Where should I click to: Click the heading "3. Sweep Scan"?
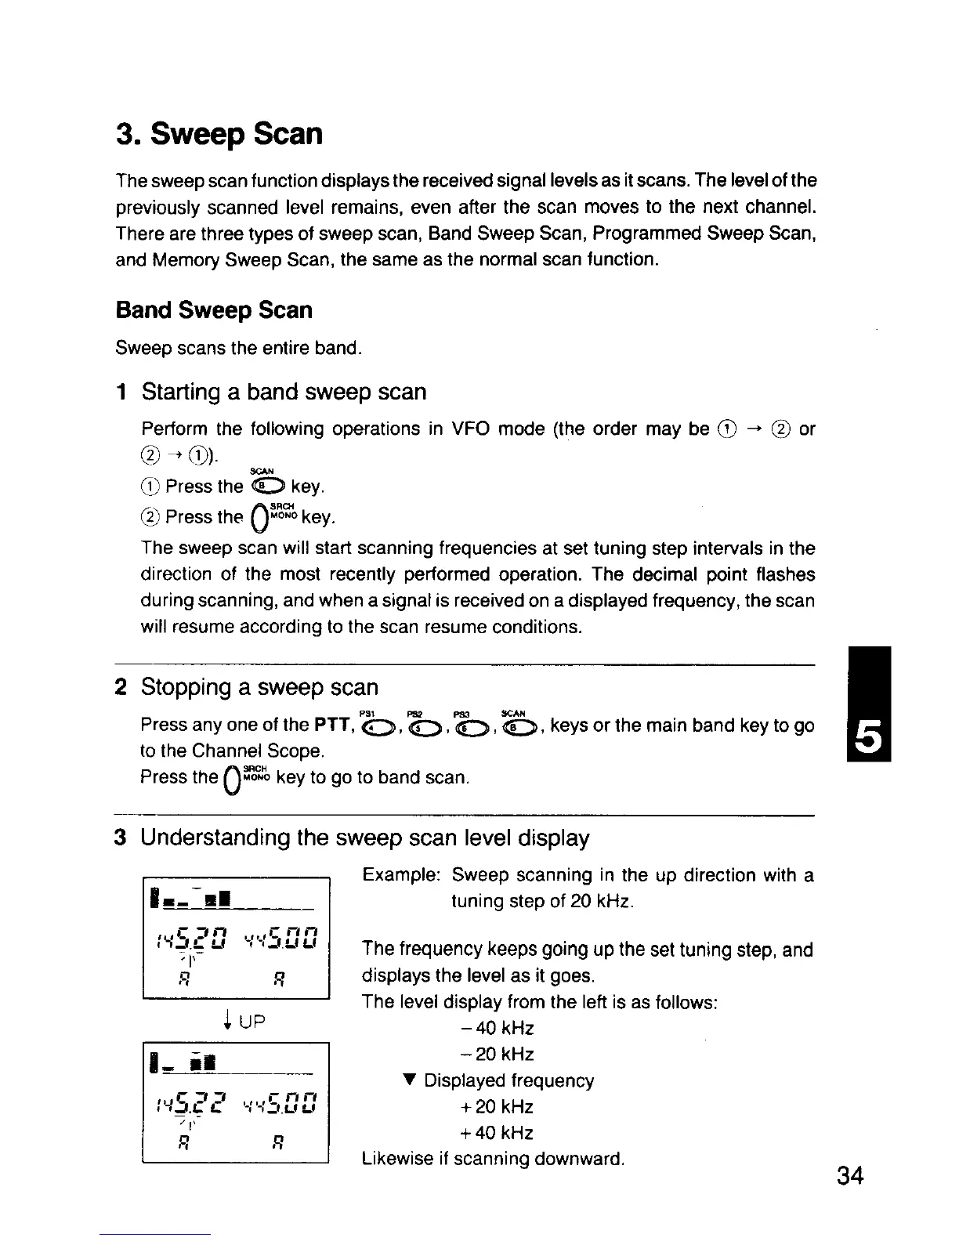pyautogui.click(x=219, y=134)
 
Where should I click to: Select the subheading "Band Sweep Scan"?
pyautogui.click(x=213, y=310)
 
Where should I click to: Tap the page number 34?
pyautogui.click(x=849, y=1176)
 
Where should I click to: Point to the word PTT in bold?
pyautogui.click(x=331, y=725)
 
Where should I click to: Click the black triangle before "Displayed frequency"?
pyautogui.click(x=407, y=1080)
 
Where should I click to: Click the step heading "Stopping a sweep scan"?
pyautogui.click(x=259, y=687)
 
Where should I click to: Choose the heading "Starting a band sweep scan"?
pyautogui.click(x=284, y=392)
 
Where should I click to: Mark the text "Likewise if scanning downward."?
pyautogui.click(x=493, y=1159)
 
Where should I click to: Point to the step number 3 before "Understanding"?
pyautogui.click(x=121, y=838)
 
